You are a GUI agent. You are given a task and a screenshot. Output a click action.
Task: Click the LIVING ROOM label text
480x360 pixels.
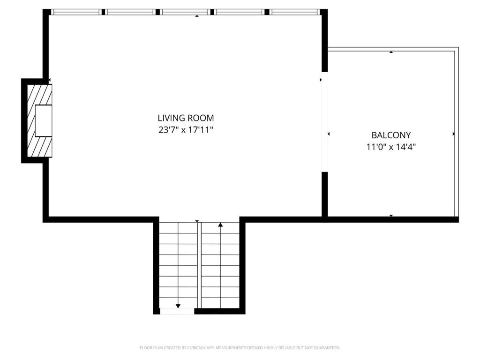pyautogui.click(x=186, y=118)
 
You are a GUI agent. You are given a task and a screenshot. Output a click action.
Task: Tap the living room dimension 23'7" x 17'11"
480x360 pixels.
pyautogui.click(x=186, y=130)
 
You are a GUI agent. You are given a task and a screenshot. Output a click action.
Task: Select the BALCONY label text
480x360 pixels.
pyautogui.click(x=391, y=135)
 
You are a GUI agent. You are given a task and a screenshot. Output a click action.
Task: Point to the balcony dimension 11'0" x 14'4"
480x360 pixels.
pyautogui.click(x=391, y=147)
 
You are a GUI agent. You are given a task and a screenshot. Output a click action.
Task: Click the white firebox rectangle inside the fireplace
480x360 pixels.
pyautogui.click(x=44, y=120)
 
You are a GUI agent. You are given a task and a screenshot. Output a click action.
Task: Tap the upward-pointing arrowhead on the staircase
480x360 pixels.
pyautogui.click(x=220, y=225)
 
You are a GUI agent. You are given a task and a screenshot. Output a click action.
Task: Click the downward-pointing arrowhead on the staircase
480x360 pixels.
pyautogui.click(x=178, y=306)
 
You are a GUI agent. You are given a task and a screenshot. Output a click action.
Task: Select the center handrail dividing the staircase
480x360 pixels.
pyautogui.click(x=199, y=265)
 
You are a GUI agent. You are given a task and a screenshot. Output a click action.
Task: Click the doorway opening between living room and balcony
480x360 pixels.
pyautogui.click(x=324, y=122)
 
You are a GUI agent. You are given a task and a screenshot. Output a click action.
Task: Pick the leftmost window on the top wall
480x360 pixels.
pyautogui.click(x=76, y=12)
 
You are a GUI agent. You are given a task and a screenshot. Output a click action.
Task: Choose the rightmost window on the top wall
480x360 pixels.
pyautogui.click(x=294, y=12)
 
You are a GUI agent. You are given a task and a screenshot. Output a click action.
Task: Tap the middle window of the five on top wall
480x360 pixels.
pyautogui.click(x=185, y=12)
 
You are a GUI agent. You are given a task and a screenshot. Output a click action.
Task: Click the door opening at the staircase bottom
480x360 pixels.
pyautogui.click(x=177, y=311)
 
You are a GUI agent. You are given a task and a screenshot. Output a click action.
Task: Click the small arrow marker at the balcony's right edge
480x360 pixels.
pyautogui.click(x=453, y=134)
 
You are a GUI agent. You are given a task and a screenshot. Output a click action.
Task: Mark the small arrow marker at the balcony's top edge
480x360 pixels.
pyautogui.click(x=391, y=52)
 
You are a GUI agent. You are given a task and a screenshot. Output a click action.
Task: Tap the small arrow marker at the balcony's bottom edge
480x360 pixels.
pyautogui.click(x=391, y=216)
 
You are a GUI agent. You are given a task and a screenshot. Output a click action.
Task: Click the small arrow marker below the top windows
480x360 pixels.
pyautogui.click(x=197, y=16)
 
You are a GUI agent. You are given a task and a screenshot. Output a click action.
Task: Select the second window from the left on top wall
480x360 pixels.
pyautogui.click(x=130, y=12)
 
